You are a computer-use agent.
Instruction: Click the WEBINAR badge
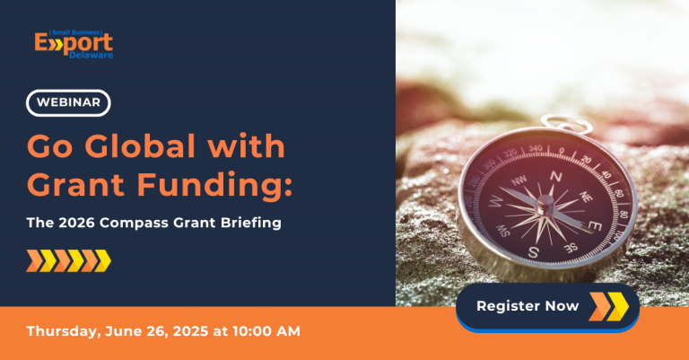[68, 103]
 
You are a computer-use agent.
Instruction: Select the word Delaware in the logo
[94, 55]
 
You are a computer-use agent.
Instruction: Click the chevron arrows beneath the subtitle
[68, 261]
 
